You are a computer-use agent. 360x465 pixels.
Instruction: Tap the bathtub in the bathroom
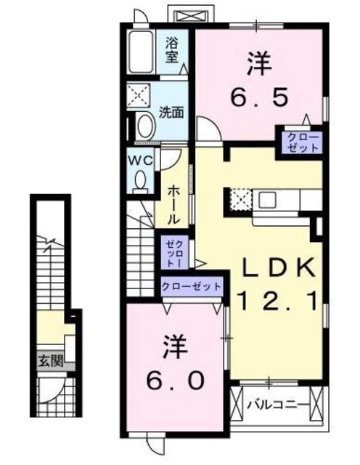point(141,52)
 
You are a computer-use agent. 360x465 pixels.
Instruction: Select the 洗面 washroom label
point(171,113)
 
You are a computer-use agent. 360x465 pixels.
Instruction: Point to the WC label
point(141,161)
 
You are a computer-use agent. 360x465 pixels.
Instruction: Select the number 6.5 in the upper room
point(259,98)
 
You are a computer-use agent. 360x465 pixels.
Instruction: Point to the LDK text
point(279,267)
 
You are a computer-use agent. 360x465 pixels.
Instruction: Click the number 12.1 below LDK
point(278,301)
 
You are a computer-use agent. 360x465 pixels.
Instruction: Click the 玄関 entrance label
point(50,361)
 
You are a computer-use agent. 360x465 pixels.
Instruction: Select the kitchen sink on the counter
point(268,201)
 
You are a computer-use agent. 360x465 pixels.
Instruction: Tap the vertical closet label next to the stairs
point(174,253)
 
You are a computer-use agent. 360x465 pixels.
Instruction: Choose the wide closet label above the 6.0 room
point(192,286)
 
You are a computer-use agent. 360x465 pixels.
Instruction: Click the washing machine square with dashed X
point(139,95)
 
